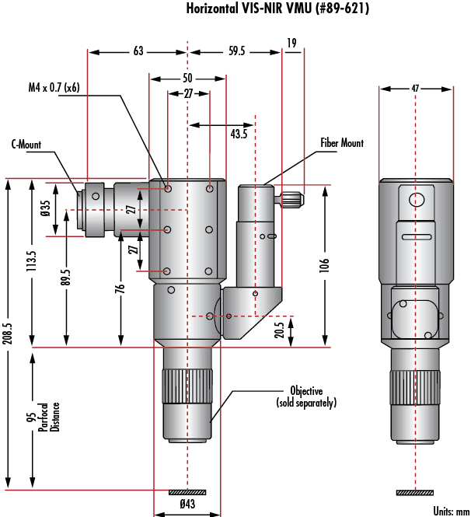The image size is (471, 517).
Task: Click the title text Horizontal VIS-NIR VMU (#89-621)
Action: click(x=277, y=9)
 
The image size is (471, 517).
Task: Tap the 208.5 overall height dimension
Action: click(x=8, y=334)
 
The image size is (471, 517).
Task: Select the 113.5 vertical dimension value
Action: click(x=31, y=260)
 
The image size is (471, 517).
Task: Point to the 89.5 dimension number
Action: click(x=65, y=277)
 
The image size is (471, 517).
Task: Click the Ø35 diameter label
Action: click(x=46, y=208)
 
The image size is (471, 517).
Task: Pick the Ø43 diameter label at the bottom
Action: click(x=187, y=504)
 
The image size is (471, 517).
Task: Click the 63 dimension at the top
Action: click(x=138, y=51)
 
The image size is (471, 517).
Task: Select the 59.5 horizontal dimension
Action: click(x=236, y=51)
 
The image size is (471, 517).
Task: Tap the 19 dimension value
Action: click(x=291, y=43)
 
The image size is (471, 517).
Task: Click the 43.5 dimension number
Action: click(x=239, y=134)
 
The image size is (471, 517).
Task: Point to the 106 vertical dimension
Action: click(x=324, y=265)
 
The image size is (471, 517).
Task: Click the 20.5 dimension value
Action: click(x=279, y=330)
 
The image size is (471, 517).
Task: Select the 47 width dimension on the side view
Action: click(x=415, y=89)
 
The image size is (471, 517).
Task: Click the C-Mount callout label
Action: click(x=26, y=145)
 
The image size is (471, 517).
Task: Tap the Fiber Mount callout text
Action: click(x=342, y=143)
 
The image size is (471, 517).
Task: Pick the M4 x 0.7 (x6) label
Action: click(x=54, y=87)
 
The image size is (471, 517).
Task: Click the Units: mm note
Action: click(x=452, y=511)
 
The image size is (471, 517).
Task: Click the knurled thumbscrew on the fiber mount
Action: click(x=292, y=199)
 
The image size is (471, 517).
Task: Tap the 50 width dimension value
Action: click(x=187, y=79)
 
